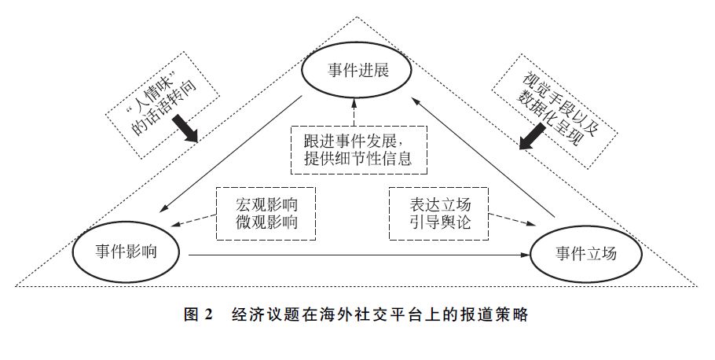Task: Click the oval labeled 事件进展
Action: tap(358, 74)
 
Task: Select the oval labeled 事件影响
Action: tap(126, 252)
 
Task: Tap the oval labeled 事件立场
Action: tap(587, 254)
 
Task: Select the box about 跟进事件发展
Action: tap(357, 149)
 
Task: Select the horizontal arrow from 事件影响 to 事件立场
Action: tap(354, 255)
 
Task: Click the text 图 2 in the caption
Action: tap(198, 315)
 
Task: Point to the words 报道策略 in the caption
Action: tap(496, 315)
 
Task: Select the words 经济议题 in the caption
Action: tap(262, 315)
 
